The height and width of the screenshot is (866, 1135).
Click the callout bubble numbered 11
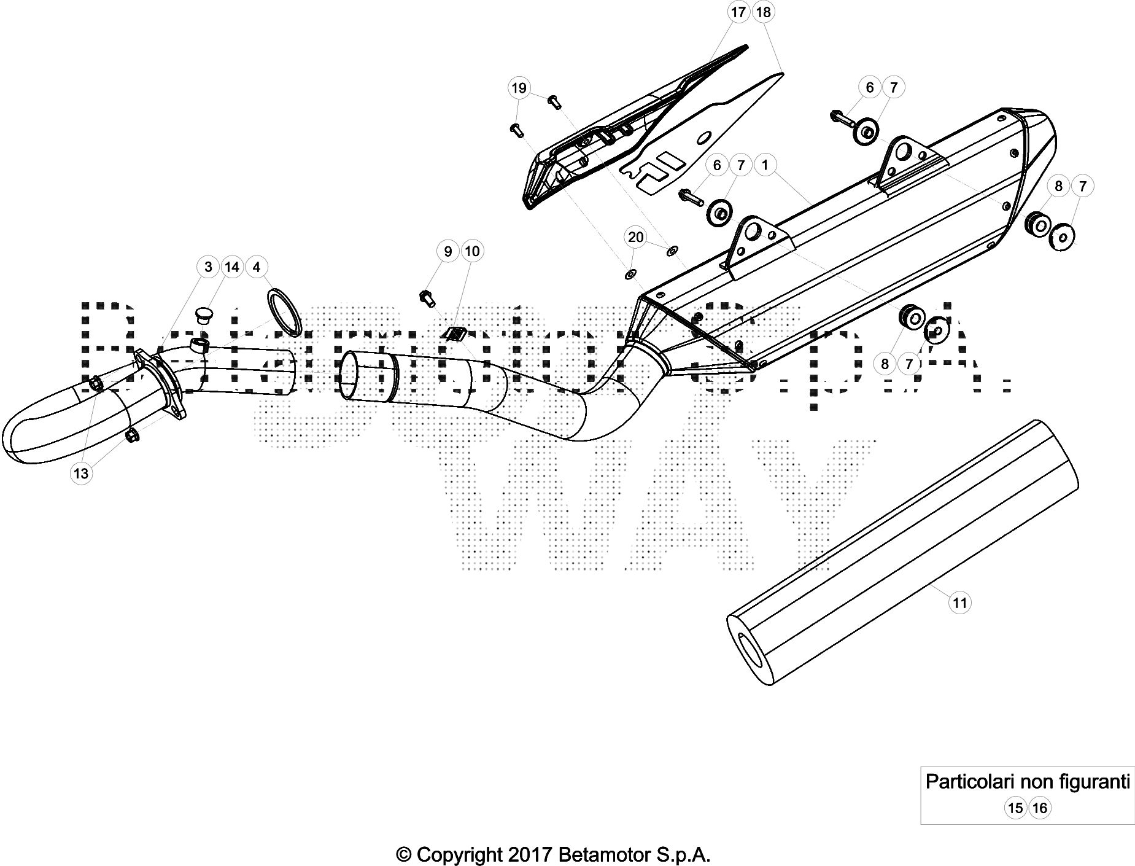point(960,603)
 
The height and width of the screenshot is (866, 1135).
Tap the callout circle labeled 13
point(81,474)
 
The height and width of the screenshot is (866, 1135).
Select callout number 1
point(765,165)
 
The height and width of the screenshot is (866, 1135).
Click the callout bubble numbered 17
point(738,12)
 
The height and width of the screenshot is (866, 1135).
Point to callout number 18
point(763,12)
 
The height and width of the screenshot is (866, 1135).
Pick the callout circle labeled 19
point(519,88)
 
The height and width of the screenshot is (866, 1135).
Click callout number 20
point(636,237)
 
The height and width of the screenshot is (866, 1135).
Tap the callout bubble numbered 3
point(208,267)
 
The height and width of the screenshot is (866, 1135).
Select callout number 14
point(232,267)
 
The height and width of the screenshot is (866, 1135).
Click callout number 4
point(257,267)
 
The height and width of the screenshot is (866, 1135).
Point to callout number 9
point(448,251)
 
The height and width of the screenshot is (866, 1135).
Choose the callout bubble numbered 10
point(472,251)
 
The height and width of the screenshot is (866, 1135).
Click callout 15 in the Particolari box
point(1015,808)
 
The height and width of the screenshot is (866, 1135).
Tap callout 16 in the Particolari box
point(1040,808)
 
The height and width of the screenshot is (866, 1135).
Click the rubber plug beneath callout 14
point(203,316)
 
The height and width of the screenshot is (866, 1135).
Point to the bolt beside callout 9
point(427,298)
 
